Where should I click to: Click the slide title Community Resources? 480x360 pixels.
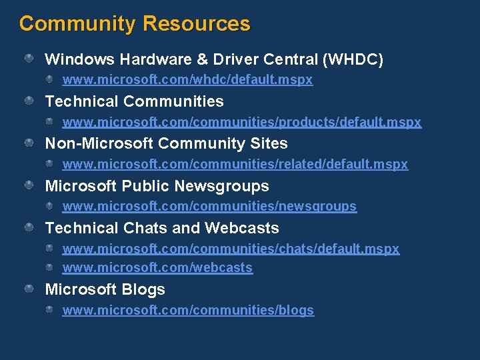point(135,24)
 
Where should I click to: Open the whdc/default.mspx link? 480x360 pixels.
point(187,80)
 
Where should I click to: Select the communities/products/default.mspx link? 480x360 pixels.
point(241,122)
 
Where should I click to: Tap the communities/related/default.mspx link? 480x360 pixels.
point(235,164)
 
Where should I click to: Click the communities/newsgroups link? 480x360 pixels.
point(209,207)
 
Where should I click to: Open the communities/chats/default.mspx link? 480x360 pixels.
point(231,249)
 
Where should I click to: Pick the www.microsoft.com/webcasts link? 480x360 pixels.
point(157,267)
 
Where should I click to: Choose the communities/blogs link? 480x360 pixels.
point(188,310)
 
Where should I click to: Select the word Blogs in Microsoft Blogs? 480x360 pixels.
point(145,289)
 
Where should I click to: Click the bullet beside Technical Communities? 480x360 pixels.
point(30,101)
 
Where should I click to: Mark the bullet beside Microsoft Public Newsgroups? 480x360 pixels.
point(30,186)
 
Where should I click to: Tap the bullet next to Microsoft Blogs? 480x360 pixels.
point(30,289)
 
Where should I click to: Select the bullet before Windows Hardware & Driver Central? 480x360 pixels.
point(30,59)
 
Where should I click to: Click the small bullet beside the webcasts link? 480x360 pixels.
point(50,267)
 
